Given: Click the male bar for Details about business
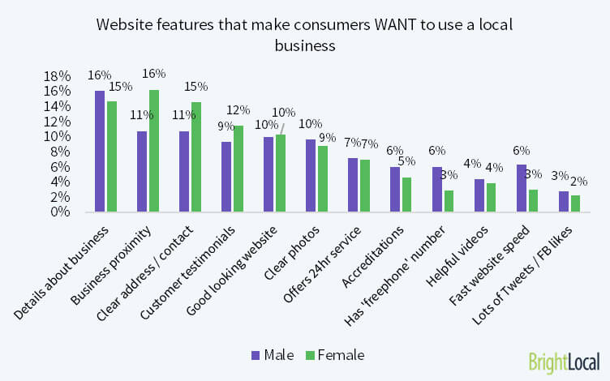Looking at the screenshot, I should [100, 152].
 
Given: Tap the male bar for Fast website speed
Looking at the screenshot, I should [522, 188].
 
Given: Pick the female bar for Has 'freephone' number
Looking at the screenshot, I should [449, 201].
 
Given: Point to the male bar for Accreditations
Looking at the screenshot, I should [395, 190].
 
